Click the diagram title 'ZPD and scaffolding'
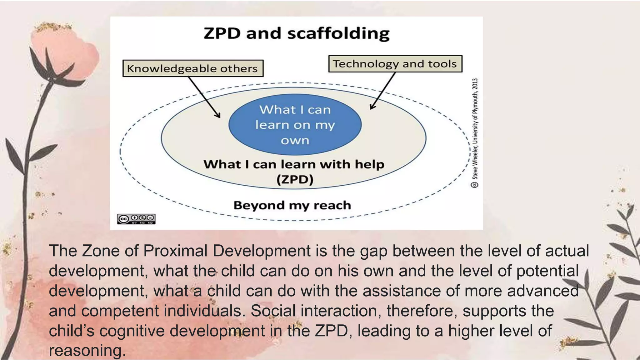297,33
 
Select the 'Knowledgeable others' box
193,68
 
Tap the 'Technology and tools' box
395,64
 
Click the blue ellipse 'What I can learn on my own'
295,125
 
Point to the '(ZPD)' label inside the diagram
295,180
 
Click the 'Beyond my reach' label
292,205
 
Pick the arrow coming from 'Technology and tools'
383,91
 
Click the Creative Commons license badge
136,219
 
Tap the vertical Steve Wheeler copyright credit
475,133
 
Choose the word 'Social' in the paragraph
273,311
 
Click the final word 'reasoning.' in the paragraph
87,351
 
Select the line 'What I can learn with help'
294,164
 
